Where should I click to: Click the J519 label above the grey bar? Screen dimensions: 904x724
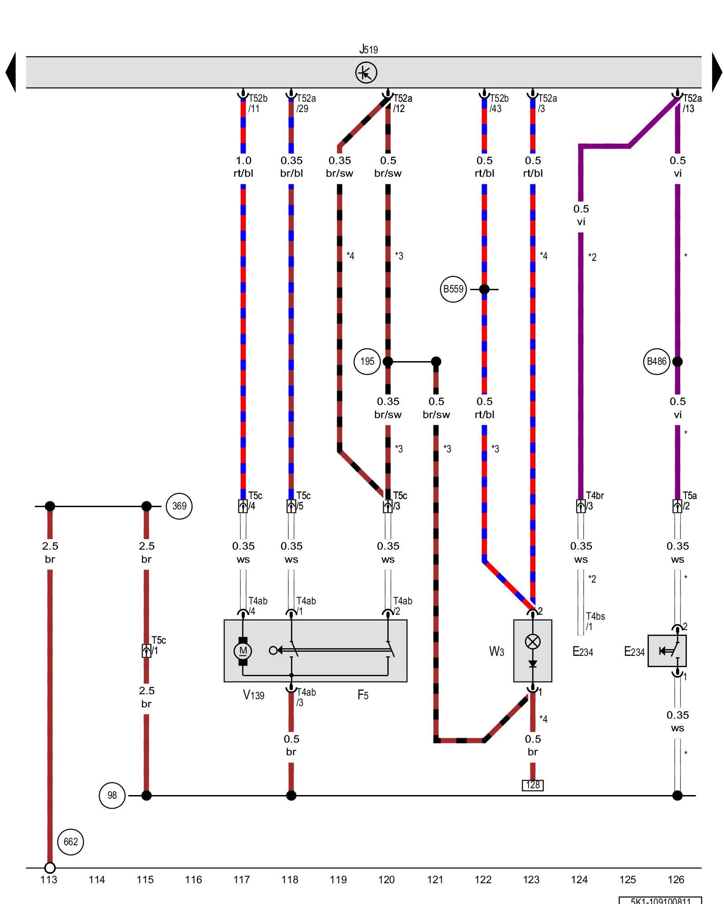[x=368, y=49]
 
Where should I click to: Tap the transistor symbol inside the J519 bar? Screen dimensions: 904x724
[x=366, y=73]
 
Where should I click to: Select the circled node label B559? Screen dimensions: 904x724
[x=453, y=289]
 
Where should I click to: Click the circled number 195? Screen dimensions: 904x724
[x=367, y=362]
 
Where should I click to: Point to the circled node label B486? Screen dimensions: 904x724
[x=657, y=362]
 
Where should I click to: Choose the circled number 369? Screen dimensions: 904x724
[x=179, y=506]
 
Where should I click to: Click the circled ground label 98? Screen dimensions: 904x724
[x=112, y=796]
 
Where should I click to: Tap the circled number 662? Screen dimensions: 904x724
[x=71, y=842]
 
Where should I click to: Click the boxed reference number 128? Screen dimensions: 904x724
[x=533, y=785]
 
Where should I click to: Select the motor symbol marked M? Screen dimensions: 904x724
[x=243, y=651]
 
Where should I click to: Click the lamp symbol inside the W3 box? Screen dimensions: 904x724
[x=533, y=641]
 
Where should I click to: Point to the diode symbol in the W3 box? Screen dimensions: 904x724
[x=533, y=664]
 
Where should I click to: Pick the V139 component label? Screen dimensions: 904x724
[x=253, y=695]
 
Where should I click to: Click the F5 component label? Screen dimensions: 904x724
[x=363, y=695]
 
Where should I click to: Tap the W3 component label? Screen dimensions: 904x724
[x=496, y=651]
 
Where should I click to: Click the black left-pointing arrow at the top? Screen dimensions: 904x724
[x=11, y=72]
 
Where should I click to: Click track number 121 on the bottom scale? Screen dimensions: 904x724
[x=435, y=880]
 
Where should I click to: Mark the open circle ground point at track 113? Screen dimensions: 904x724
[x=50, y=868]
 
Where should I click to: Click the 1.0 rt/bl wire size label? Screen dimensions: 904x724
[x=243, y=167]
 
